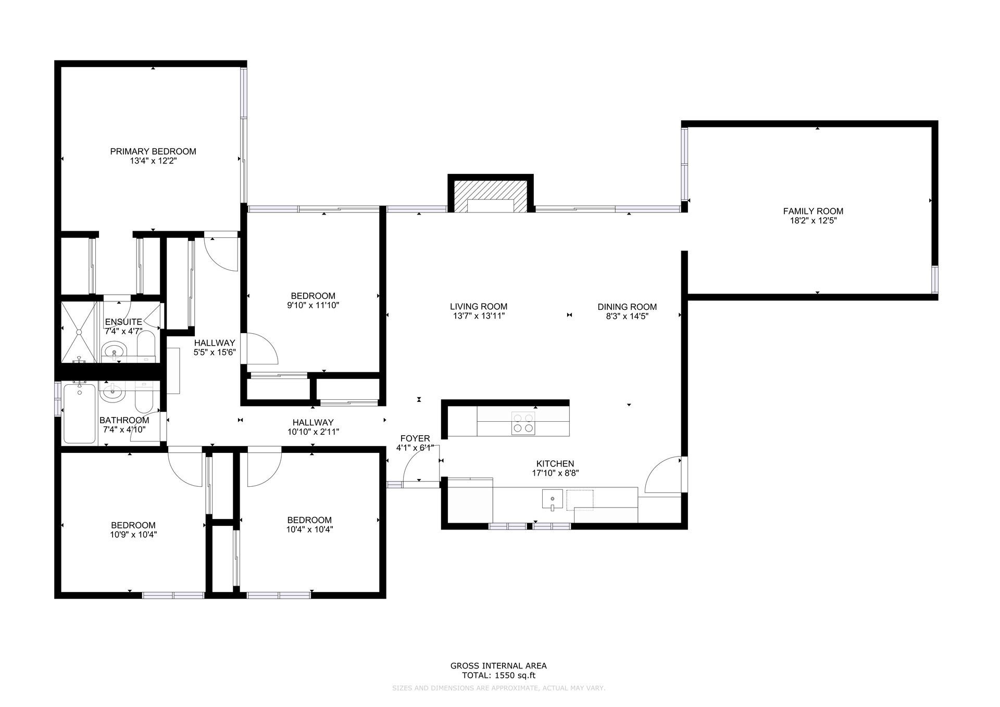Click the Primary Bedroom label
[153, 151]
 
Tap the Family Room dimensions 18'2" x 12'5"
[813, 221]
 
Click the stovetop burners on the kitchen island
[523, 423]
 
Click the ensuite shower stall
[80, 331]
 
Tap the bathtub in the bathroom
[80, 413]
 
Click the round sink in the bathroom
[113, 392]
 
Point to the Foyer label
[415, 438]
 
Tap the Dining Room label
[627, 307]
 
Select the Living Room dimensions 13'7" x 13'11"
[479, 316]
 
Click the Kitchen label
[555, 464]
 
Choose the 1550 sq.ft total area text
[499, 676]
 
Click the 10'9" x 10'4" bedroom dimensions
[133, 535]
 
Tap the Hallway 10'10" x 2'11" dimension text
[313, 432]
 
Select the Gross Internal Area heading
[498, 666]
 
